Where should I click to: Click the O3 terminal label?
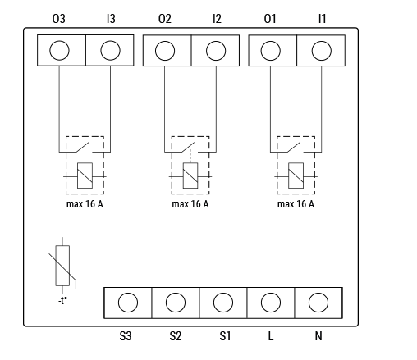pyautogui.click(x=59, y=19)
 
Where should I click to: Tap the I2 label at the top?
pyautogui.click(x=217, y=19)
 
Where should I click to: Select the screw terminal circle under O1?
pyautogui.click(x=271, y=51)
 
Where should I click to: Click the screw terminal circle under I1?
pyautogui.click(x=322, y=51)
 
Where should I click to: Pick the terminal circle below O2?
pyautogui.click(x=165, y=51)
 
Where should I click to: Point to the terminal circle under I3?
pyautogui.click(x=110, y=50)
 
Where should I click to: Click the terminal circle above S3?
pyautogui.click(x=128, y=303)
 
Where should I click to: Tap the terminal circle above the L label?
pyautogui.click(x=271, y=303)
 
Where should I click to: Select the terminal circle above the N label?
pyautogui.click(x=318, y=303)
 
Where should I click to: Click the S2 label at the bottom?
pyautogui.click(x=176, y=336)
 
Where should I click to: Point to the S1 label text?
pyautogui.click(x=225, y=336)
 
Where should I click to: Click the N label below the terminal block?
pyautogui.click(x=318, y=336)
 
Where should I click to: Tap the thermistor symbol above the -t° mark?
pyautogui.click(x=62, y=266)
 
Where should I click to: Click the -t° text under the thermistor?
pyautogui.click(x=62, y=301)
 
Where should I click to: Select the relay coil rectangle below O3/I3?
pyautogui.click(x=85, y=175)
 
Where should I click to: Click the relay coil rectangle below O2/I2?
pyautogui.click(x=190, y=175)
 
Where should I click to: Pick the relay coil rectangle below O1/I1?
pyautogui.click(x=296, y=175)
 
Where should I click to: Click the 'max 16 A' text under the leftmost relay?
pyautogui.click(x=85, y=204)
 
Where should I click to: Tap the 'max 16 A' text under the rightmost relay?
pyautogui.click(x=296, y=204)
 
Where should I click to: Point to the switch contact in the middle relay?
pyautogui.click(x=188, y=148)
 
